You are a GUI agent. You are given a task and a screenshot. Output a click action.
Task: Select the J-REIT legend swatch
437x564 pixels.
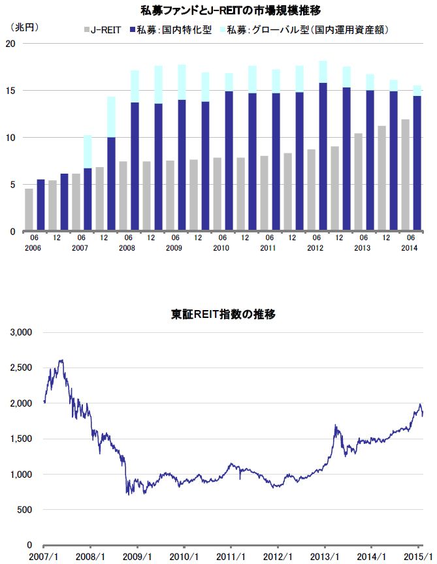(x=86, y=30)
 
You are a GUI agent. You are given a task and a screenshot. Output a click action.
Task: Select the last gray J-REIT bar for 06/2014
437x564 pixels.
(x=405, y=176)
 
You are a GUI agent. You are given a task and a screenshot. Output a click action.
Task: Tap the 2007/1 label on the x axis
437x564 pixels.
(x=44, y=556)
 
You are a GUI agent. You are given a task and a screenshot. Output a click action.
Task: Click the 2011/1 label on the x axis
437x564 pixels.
(x=231, y=556)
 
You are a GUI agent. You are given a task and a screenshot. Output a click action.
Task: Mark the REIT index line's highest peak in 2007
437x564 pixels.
(x=61, y=360)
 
